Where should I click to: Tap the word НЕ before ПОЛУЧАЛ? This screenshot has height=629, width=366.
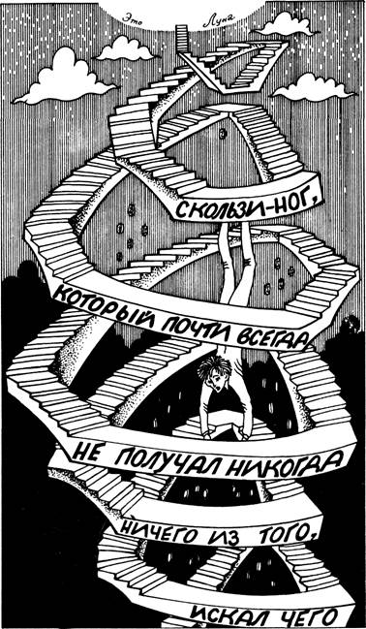pos(90,453)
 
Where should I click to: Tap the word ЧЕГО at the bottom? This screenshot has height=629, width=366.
pos(311,613)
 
